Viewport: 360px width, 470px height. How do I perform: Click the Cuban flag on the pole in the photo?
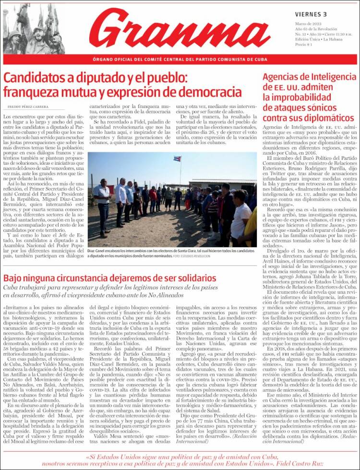177,159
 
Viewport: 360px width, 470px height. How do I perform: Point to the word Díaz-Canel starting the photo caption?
98,251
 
